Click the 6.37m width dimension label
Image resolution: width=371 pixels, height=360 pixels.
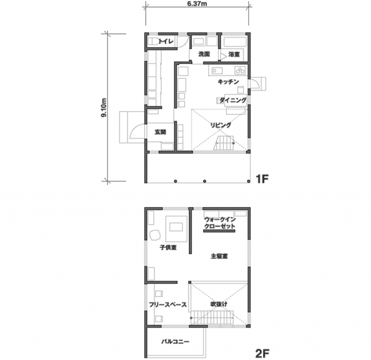tap(197, 4)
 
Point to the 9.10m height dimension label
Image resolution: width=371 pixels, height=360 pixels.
tap(104, 108)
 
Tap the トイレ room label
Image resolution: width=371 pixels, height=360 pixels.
tap(166, 41)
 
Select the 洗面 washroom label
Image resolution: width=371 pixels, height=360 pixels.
tap(204, 54)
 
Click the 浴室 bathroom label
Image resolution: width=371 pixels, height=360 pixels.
tap(234, 54)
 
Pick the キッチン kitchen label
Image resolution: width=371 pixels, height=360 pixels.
tap(228, 82)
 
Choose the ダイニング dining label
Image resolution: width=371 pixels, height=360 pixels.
tap(233, 100)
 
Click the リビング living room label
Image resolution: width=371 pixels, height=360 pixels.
tap(220, 125)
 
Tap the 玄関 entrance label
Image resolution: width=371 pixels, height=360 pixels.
tap(161, 132)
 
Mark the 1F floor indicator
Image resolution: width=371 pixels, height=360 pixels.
tap(262, 179)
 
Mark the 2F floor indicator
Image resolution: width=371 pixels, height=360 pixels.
tap(263, 354)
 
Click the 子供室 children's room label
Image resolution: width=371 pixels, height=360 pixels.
tap(168, 248)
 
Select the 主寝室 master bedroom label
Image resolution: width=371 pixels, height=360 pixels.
tap(219, 256)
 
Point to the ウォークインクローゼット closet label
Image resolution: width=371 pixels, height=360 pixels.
tap(220, 223)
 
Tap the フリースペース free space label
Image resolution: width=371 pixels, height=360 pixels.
tap(168, 304)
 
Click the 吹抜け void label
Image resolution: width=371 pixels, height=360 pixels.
tap(219, 304)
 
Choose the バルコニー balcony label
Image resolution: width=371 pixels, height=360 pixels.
tap(175, 341)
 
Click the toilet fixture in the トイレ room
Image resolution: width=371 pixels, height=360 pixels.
tap(154, 42)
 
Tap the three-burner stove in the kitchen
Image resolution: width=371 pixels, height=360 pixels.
tap(241, 70)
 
